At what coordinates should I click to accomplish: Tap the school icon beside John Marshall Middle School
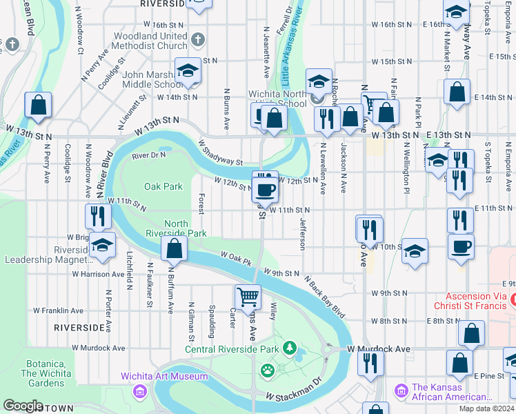pos(187,71)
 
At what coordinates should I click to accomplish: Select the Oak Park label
pos(163,186)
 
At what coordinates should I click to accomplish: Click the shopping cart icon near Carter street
pos(248,298)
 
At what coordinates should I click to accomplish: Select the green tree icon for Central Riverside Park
pos(290,348)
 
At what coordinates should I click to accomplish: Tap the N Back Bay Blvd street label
pos(324,295)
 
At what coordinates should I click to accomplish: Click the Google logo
pos(23,406)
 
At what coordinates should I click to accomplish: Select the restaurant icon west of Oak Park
pos(98,216)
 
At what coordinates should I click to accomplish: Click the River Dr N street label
pos(149,155)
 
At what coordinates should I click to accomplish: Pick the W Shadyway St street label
pos(221,153)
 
